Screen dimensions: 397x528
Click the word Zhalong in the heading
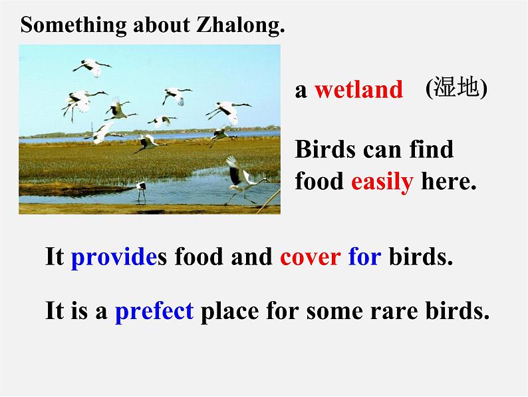(x=240, y=25)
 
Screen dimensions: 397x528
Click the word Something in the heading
(x=64, y=25)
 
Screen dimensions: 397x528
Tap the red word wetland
(x=358, y=89)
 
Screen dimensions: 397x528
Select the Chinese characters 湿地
(x=457, y=88)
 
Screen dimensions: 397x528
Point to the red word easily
(x=382, y=181)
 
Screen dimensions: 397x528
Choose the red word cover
(x=311, y=257)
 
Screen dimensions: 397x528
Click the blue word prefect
(x=154, y=310)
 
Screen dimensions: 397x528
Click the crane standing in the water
(x=141, y=190)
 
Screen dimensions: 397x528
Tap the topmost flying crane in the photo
(x=92, y=66)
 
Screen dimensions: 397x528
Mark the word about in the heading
(x=158, y=25)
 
